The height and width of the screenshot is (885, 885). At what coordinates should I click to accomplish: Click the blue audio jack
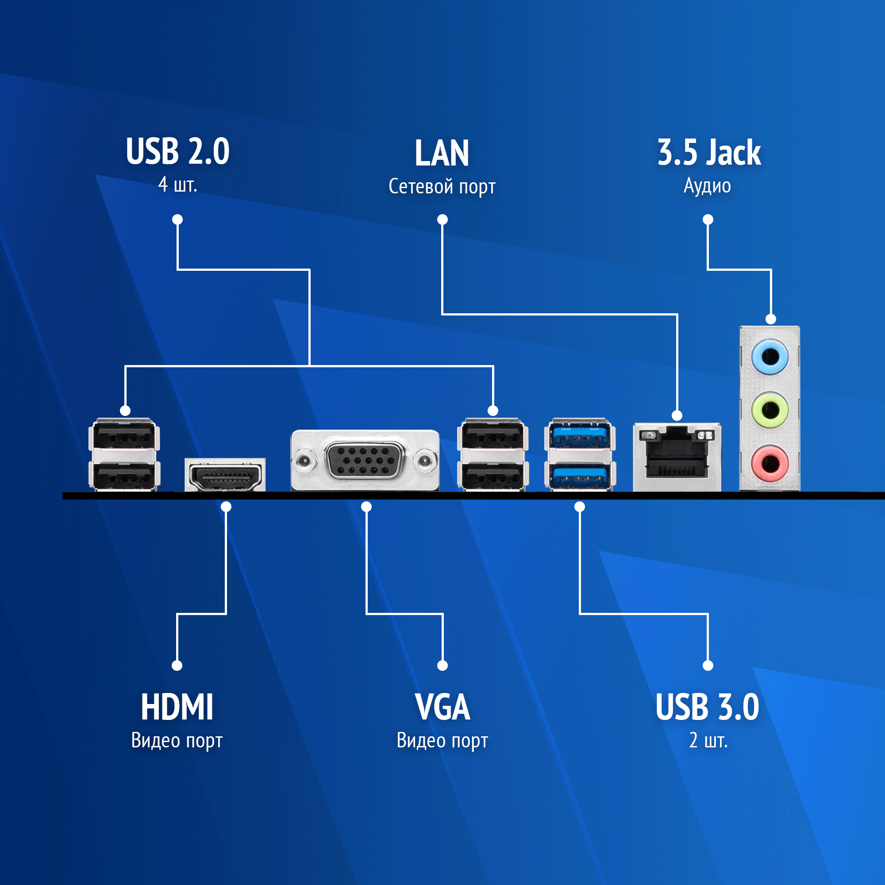pos(770,356)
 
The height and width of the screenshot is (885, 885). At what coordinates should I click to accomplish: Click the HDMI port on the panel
pos(225,477)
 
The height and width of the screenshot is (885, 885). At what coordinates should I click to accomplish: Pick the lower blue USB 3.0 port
pos(580,475)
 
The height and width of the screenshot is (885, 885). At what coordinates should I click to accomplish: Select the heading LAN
pos(442,153)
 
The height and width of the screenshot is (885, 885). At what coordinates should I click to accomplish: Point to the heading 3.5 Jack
pos(708,152)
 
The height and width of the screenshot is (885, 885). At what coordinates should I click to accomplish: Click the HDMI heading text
pos(177,707)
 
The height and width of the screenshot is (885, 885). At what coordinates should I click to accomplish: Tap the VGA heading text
pos(442,707)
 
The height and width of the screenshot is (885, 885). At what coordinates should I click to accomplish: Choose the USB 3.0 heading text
pos(707,707)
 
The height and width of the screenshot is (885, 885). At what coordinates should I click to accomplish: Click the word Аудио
pos(707,186)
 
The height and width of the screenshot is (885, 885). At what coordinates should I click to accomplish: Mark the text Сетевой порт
pos(442,187)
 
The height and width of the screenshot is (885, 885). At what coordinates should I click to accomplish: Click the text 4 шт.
pos(178,185)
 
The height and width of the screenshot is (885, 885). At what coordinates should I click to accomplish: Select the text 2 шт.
pos(708,740)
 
